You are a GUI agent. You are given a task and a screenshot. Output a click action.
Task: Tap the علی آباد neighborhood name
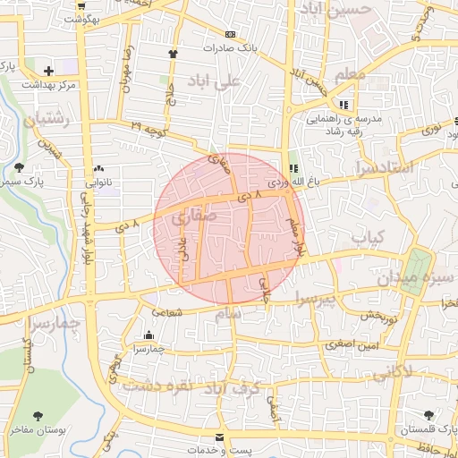[x=216, y=82]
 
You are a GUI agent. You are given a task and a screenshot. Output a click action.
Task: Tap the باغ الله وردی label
[x=317, y=180]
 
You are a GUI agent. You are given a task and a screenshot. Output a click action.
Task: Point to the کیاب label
[x=366, y=237]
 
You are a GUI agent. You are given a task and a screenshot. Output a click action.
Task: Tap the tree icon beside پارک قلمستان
[x=429, y=415]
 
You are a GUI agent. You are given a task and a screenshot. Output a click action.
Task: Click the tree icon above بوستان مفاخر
[x=38, y=415]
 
